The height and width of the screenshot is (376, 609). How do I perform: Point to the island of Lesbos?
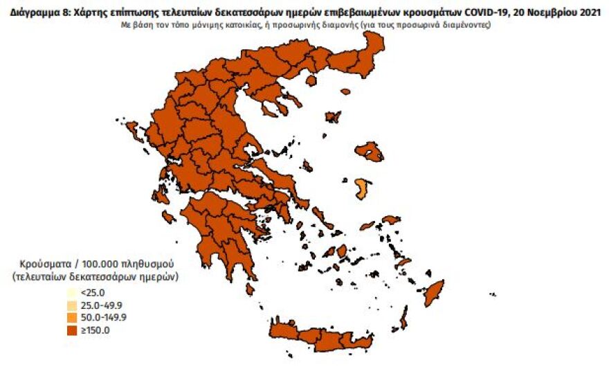[x=374, y=152]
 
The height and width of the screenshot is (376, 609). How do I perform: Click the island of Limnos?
[x=333, y=117]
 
